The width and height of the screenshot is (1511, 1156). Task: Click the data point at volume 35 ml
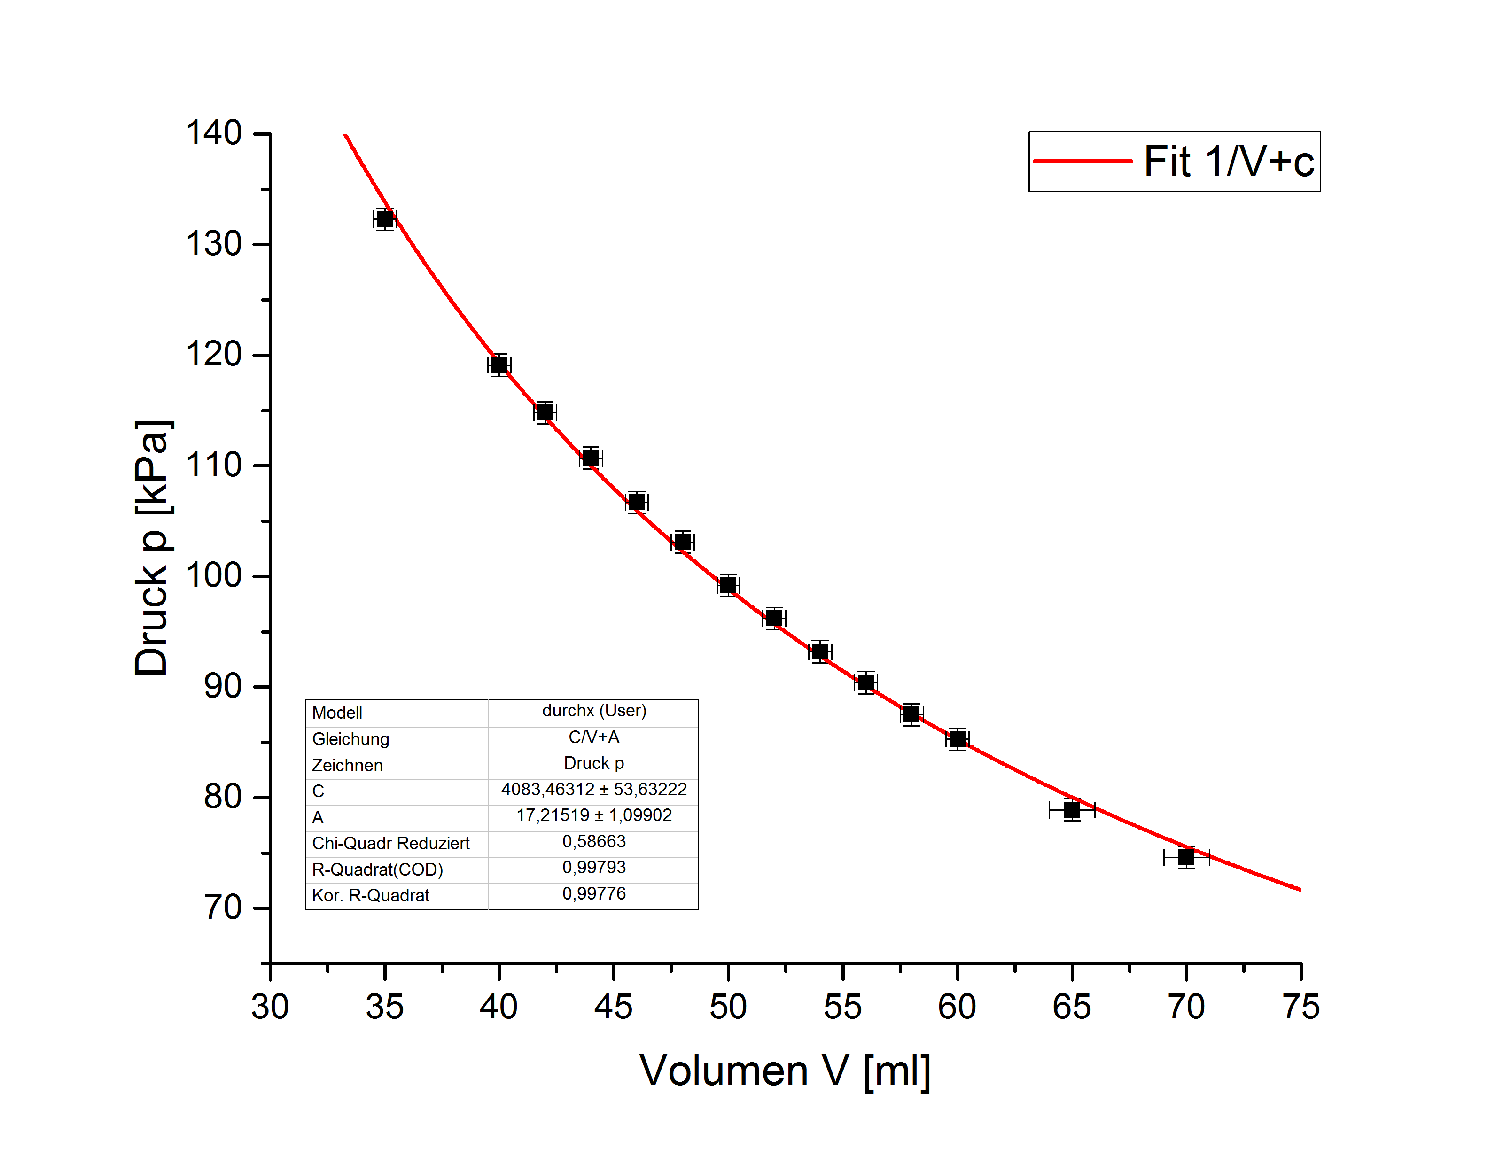click(x=385, y=219)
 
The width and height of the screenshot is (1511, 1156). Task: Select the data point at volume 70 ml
click(x=1186, y=857)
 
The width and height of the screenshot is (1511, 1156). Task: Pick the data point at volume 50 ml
click(x=728, y=586)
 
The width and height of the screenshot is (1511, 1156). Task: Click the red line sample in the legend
click(x=1083, y=162)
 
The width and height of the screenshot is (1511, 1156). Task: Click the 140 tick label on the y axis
click(x=214, y=133)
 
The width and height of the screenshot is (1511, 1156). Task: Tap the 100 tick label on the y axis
click(x=214, y=575)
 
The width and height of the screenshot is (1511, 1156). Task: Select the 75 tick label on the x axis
click(x=1301, y=1007)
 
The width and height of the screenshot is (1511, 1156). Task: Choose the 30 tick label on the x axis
click(x=270, y=1007)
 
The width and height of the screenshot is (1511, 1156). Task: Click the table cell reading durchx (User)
click(x=594, y=711)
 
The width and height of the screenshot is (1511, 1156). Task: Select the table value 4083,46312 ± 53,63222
click(x=594, y=789)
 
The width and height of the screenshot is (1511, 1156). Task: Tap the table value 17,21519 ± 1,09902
click(x=594, y=815)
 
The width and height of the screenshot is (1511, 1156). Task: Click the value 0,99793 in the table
click(x=594, y=868)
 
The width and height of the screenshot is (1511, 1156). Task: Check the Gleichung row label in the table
click(x=350, y=739)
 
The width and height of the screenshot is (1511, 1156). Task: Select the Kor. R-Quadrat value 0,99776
click(x=594, y=894)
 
